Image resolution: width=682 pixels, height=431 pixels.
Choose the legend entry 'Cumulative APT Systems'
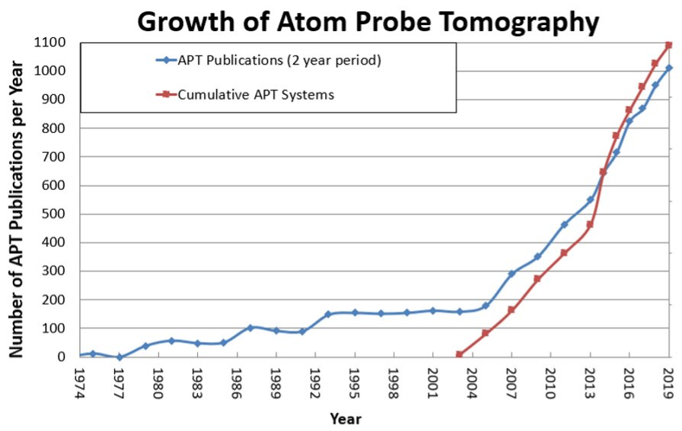coord(256,95)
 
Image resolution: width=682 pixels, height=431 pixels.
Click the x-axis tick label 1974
coord(80,380)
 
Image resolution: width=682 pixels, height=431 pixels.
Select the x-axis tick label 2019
coord(669,380)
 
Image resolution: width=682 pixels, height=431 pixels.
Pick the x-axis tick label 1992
coord(315,380)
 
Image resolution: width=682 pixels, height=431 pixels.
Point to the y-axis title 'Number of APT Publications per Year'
coord(16,199)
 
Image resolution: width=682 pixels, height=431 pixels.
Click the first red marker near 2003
coord(459,354)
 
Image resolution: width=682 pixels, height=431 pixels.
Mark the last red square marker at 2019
coord(669,45)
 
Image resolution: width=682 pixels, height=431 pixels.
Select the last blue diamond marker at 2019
coord(669,68)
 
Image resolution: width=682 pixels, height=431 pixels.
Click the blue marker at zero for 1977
coord(120,357)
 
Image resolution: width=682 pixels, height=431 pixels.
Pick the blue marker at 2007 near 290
coord(511,274)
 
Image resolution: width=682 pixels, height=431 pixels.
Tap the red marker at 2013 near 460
coord(590,224)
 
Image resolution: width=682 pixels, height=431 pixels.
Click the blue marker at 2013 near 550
coord(590,199)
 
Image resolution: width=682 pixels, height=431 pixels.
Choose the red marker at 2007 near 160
coord(511,310)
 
